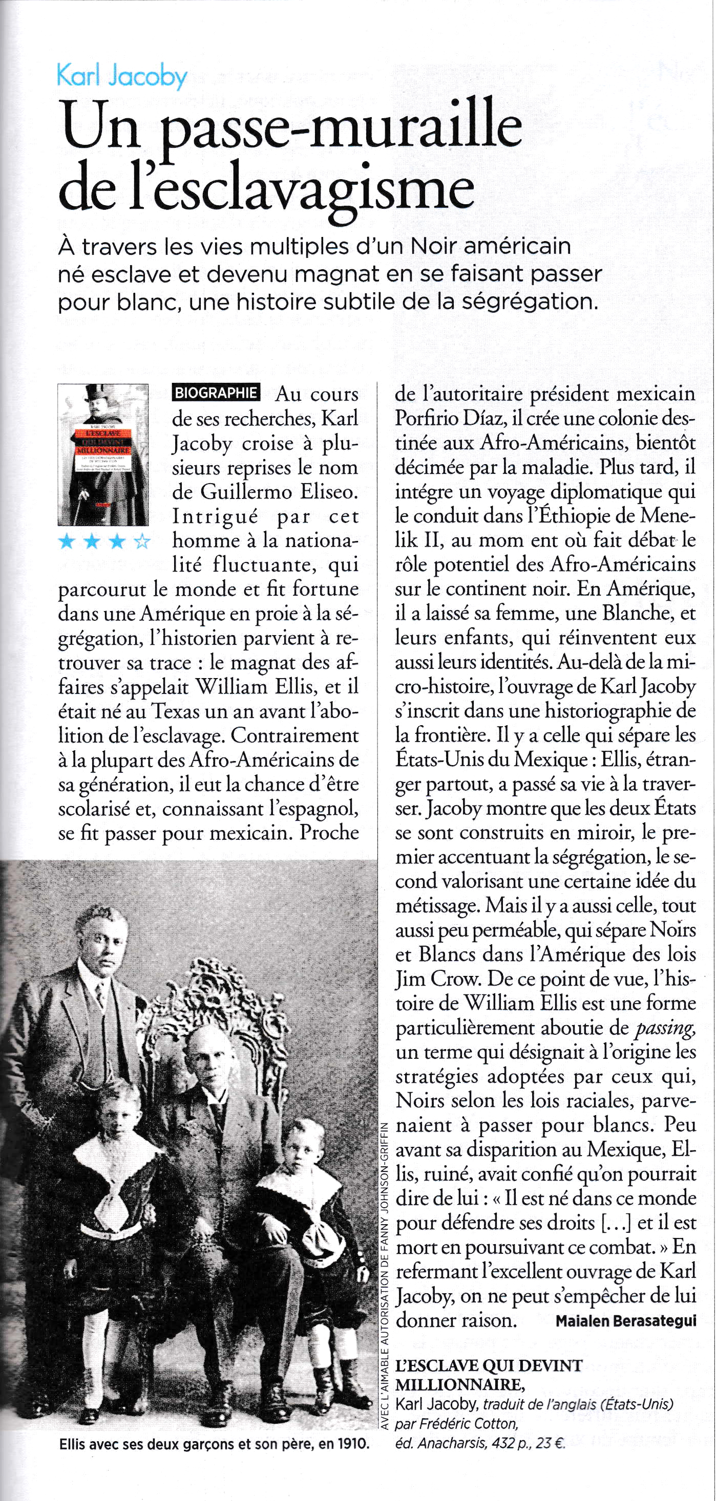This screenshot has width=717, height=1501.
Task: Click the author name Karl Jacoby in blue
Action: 122,76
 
